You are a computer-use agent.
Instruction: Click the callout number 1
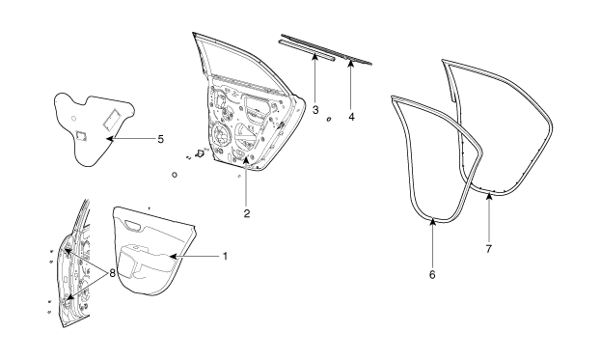coord(226,256)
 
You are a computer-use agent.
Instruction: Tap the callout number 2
coord(247,213)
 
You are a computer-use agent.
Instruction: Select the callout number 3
coord(315,110)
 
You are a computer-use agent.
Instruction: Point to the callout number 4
coord(351,116)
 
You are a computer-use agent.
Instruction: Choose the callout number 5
coord(160,139)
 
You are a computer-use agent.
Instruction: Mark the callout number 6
coord(432,274)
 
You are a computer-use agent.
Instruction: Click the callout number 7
coord(489,249)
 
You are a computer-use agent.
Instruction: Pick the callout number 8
coord(112,273)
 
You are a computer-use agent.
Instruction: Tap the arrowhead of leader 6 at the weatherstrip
coord(433,221)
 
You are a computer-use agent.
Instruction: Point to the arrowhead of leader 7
coord(489,197)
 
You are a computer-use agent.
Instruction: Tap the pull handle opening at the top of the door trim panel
coord(132,226)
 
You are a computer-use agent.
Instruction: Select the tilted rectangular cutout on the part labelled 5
coord(112,118)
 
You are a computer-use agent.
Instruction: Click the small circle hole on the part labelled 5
coord(74,118)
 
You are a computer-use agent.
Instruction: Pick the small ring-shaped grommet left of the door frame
coord(175,175)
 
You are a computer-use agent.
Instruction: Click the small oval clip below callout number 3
coord(329,120)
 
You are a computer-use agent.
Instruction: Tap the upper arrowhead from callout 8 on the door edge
coord(68,251)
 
